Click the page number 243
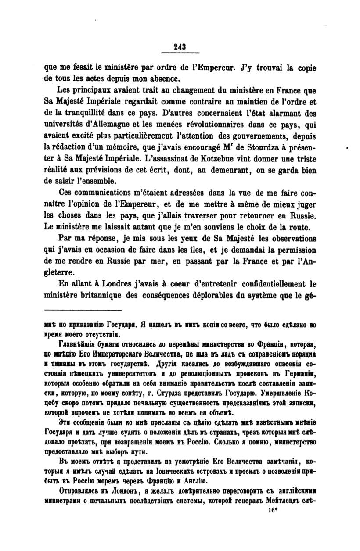(180, 48)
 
